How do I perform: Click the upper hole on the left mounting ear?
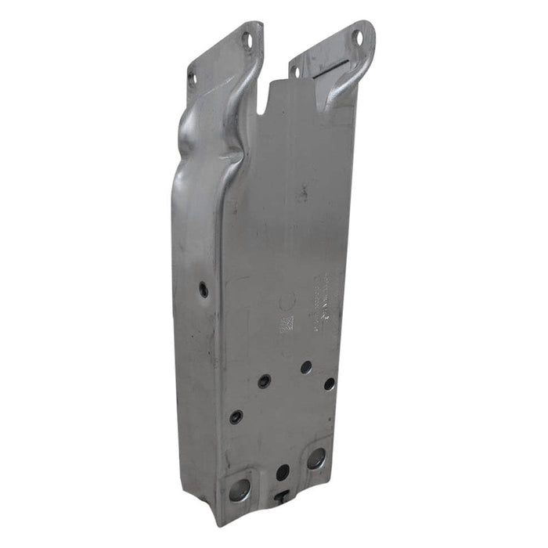(x=247, y=39)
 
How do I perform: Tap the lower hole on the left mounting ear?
(x=192, y=78)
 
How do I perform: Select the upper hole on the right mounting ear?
(x=357, y=36)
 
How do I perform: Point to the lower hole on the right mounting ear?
(x=295, y=71)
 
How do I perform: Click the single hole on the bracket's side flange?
(x=204, y=289)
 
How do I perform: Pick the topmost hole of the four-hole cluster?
(x=306, y=366)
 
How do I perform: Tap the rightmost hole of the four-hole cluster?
(x=329, y=384)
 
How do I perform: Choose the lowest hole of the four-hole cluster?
(x=236, y=417)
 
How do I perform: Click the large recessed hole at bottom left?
(x=239, y=489)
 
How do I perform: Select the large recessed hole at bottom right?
(x=317, y=459)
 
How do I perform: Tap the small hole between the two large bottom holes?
(x=283, y=472)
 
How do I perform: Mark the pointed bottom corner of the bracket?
(x=222, y=523)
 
